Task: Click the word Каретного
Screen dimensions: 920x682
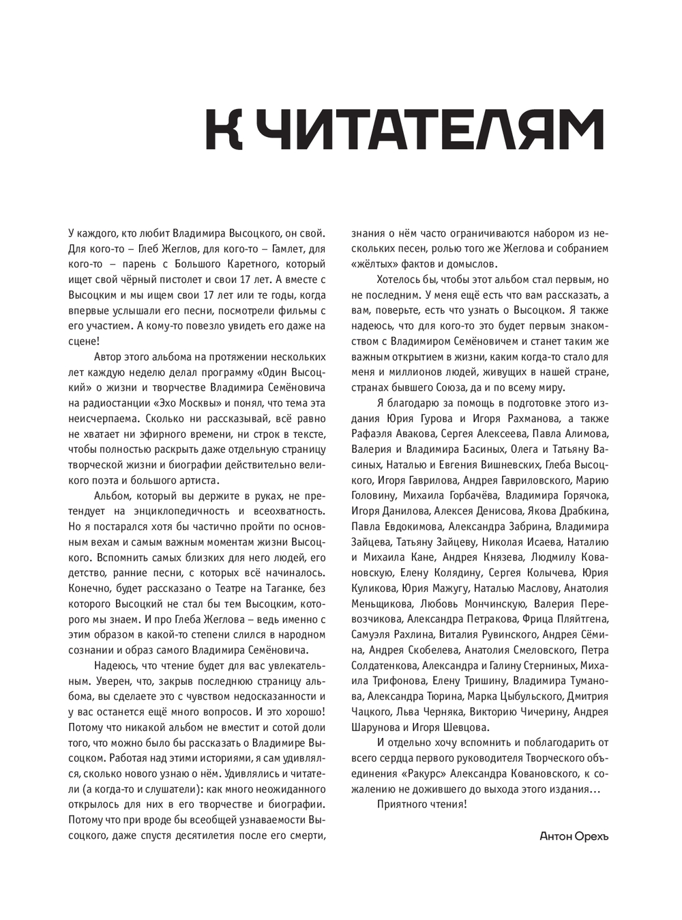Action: (x=240, y=264)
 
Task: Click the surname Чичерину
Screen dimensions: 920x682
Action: (x=535, y=712)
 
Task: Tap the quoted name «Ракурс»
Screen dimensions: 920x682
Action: (x=426, y=773)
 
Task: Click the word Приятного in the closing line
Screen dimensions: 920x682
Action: (x=404, y=804)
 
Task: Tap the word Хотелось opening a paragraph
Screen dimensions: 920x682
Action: (x=399, y=280)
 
